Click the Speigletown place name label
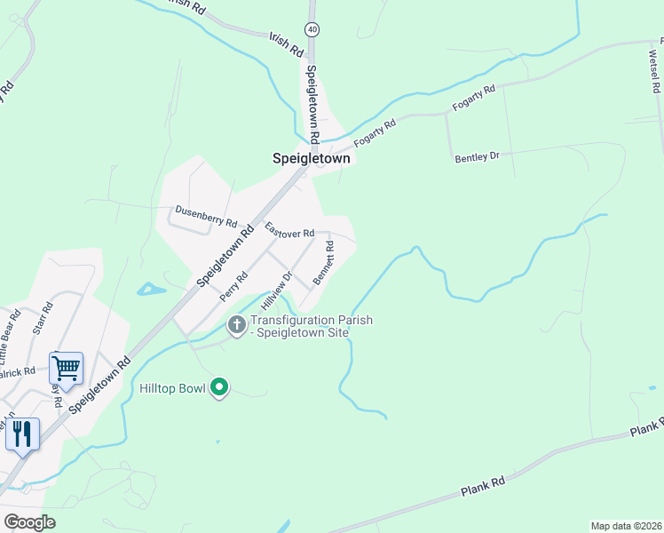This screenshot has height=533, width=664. click(311, 158)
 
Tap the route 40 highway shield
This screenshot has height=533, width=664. click(312, 29)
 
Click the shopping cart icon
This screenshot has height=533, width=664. click(67, 366)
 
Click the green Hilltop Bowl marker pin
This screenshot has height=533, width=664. click(220, 387)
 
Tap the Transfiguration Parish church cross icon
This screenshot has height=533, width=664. click(236, 325)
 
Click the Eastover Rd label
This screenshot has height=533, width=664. click(289, 230)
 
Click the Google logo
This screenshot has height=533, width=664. click(29, 522)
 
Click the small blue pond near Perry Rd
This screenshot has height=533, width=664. click(151, 289)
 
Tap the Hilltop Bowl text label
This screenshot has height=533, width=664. click(172, 388)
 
